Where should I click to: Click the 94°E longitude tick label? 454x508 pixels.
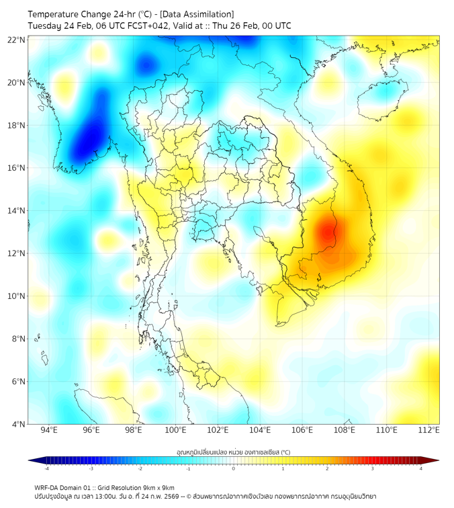49,430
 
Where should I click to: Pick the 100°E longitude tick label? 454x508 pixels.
176,430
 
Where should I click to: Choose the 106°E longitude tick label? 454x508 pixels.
302,430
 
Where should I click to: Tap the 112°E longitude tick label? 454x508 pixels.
429,430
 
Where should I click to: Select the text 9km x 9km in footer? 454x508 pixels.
156,488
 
